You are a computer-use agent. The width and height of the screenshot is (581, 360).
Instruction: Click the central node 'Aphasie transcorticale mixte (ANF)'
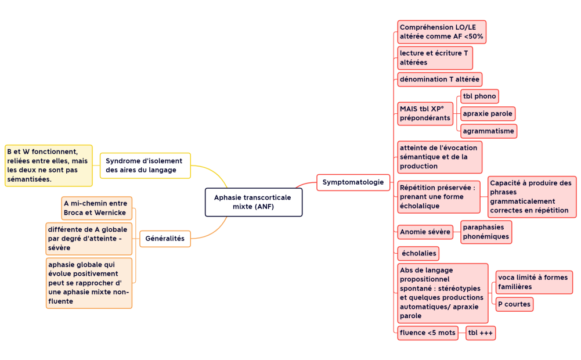pyautogui.click(x=253, y=202)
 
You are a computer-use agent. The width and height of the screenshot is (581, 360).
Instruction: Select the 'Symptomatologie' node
pyautogui.click(x=353, y=182)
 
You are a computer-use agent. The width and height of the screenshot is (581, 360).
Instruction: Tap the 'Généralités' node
pyautogui.click(x=165, y=239)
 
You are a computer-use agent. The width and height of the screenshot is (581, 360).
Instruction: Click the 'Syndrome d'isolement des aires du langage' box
pyautogui.click(x=145, y=165)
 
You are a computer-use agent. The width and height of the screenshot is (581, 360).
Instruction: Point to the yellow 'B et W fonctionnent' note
pyautogui.click(x=48, y=165)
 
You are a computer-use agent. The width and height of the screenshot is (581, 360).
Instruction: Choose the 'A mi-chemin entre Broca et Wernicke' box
pyautogui.click(x=96, y=208)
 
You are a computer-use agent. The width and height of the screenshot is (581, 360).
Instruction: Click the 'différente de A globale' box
pyautogui.click(x=89, y=239)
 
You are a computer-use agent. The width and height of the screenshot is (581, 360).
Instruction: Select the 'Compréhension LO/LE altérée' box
pyautogui.click(x=441, y=32)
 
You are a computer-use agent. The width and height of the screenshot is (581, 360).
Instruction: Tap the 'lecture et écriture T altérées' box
pyautogui.click(x=435, y=58)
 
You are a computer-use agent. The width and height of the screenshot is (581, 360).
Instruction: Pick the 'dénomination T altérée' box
pyautogui.click(x=439, y=79)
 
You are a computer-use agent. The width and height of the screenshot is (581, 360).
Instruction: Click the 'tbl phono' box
pyautogui.click(x=479, y=96)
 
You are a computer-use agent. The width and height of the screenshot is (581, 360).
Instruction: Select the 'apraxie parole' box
pyautogui.click(x=488, y=114)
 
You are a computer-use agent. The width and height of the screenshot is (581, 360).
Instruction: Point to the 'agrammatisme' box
pyautogui.click(x=488, y=131)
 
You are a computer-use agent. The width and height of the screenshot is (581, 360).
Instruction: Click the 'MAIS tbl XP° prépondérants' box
pyautogui.click(x=425, y=113)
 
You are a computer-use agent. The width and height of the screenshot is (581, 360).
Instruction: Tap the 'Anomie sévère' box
pyautogui.click(x=425, y=232)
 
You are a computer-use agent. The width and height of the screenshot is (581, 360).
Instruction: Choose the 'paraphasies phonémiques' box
pyautogui.click(x=486, y=232)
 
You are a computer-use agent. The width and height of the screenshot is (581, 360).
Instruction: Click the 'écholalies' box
pyautogui.click(x=417, y=254)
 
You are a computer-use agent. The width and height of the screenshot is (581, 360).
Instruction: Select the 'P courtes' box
pyautogui.click(x=514, y=304)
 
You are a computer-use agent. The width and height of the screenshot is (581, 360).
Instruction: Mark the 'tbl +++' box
pyautogui.click(x=481, y=333)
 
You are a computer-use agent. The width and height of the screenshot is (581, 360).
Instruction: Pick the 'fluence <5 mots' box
pyautogui.click(x=428, y=333)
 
